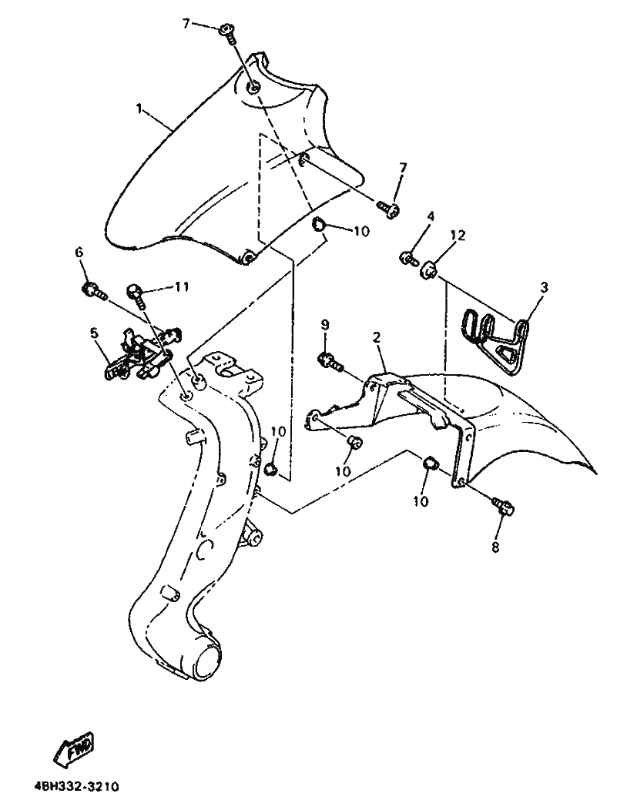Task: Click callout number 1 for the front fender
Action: click(139, 109)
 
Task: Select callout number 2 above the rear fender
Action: click(377, 338)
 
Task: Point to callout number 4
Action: click(431, 216)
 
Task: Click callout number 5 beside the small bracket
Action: click(94, 333)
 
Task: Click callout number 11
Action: click(181, 286)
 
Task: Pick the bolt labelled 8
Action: click(505, 507)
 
